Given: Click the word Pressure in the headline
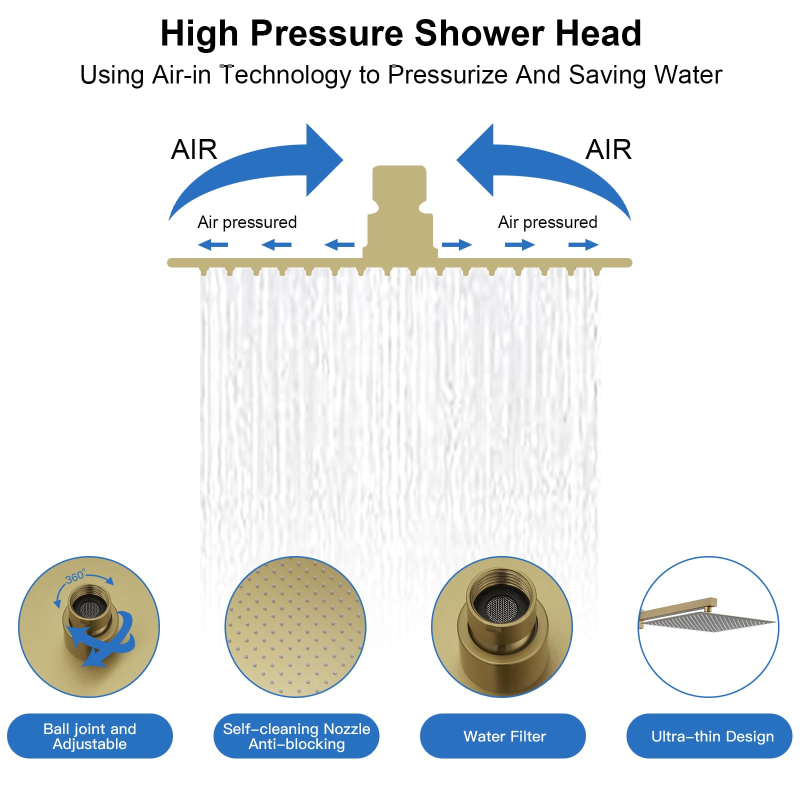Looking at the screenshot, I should (326, 33).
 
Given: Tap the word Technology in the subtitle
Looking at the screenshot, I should (285, 75).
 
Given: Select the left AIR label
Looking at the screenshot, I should (194, 149).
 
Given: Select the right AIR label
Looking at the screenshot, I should (608, 149).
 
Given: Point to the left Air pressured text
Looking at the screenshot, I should (247, 222).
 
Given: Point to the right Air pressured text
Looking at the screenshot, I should (547, 222).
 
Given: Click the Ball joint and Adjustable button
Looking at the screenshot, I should (90, 736).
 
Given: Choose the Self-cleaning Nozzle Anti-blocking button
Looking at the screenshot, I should (296, 736).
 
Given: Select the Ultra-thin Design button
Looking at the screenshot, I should (709, 736).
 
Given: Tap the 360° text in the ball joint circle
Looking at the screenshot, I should (75, 576).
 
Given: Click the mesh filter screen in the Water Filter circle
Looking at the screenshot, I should (501, 609).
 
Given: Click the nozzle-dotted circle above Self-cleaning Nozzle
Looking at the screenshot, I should (295, 627).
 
